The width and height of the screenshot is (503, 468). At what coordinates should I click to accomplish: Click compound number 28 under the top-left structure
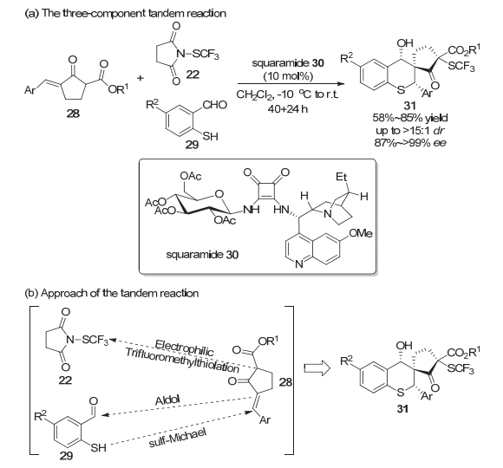click(x=73, y=114)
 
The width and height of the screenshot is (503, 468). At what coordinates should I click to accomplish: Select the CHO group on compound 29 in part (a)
click(x=214, y=105)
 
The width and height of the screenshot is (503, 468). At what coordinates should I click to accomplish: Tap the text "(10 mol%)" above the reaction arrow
click(x=288, y=76)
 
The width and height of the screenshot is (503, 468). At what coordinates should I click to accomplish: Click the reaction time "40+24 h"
click(x=288, y=109)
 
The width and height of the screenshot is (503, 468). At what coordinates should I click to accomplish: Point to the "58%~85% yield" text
click(x=410, y=118)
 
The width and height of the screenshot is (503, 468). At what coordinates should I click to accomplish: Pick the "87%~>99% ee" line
click(x=410, y=143)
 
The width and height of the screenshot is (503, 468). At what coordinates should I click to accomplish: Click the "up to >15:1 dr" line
click(x=410, y=131)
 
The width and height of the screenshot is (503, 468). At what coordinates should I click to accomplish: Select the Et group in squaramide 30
click(x=342, y=177)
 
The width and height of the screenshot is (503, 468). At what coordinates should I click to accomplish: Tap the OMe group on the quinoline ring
click(x=361, y=233)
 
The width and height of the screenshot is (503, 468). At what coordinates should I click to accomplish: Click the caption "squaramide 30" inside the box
click(x=202, y=255)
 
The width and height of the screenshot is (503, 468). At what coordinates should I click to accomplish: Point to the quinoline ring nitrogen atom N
click(x=298, y=263)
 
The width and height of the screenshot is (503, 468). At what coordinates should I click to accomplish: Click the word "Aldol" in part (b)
click(x=167, y=400)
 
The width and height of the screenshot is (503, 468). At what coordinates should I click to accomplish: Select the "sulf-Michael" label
click(x=177, y=438)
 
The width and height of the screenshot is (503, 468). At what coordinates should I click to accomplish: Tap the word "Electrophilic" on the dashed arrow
click(x=184, y=348)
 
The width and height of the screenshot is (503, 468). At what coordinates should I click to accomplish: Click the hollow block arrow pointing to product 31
click(x=317, y=368)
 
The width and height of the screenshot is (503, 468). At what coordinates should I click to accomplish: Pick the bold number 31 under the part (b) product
click(x=402, y=409)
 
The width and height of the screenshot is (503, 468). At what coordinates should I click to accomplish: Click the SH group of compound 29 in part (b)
click(x=99, y=447)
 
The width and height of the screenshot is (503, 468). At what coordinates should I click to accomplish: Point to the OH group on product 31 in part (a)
click(x=405, y=42)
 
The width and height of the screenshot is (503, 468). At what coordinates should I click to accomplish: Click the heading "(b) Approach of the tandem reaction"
click(x=111, y=293)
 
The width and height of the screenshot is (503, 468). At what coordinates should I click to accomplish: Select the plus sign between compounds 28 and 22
click(x=140, y=78)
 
